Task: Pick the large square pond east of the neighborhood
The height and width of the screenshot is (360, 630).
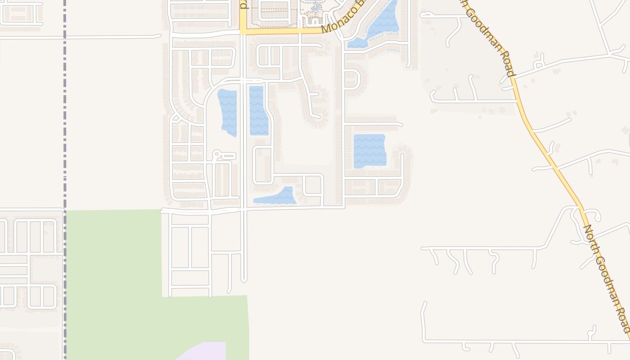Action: click(369, 151)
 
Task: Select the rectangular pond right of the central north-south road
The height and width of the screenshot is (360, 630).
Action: click(258, 111)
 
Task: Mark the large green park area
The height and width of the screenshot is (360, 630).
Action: click(112, 279)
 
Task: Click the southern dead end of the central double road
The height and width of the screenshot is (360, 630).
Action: click(244, 280)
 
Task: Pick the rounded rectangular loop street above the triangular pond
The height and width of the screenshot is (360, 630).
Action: click(263, 165)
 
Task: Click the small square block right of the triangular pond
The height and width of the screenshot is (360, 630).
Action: click(313, 185)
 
